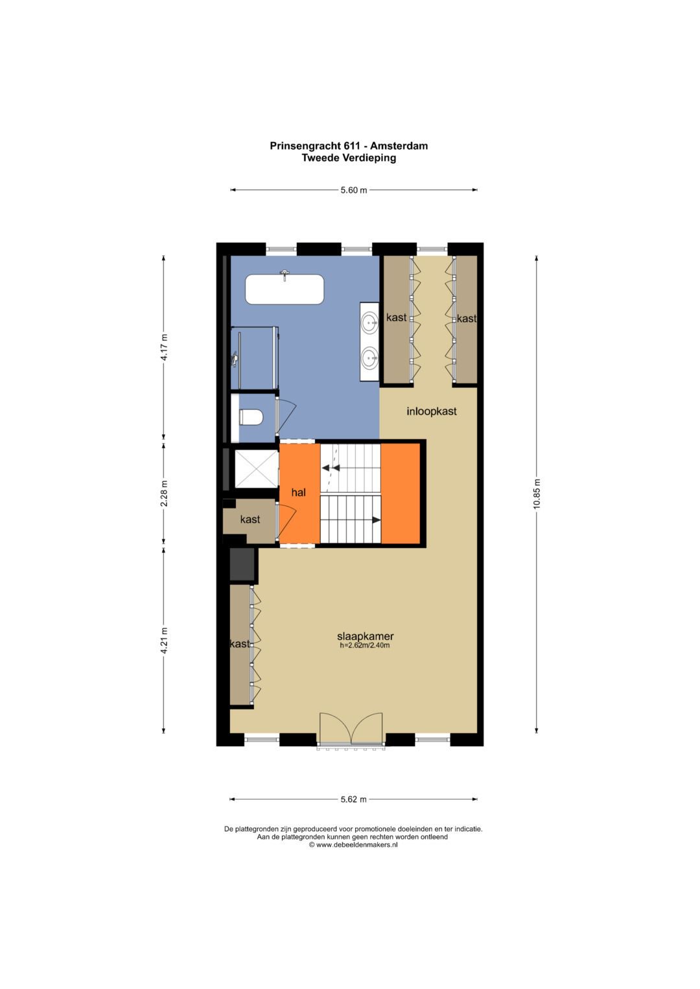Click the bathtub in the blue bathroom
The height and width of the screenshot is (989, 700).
(284, 290)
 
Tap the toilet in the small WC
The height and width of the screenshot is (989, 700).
(251, 417)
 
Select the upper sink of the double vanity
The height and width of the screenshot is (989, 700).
(369, 323)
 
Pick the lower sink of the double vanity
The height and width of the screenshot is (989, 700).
(369, 358)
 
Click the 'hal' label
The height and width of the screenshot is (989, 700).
(299, 492)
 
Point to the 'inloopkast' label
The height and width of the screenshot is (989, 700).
(431, 411)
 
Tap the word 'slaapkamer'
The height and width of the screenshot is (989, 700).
(365, 636)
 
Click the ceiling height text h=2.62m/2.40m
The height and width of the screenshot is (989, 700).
(364, 645)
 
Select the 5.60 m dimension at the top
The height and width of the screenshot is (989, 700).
(353, 190)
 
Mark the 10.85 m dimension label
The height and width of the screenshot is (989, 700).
(537, 494)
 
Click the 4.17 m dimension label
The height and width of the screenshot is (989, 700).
(164, 348)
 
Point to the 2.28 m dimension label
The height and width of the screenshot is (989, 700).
(164, 493)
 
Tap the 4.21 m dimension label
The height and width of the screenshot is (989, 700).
(164, 641)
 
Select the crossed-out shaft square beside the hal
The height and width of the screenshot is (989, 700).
(256, 468)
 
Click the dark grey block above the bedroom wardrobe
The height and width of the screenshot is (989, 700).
(242, 564)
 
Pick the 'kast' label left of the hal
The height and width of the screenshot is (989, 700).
(250, 519)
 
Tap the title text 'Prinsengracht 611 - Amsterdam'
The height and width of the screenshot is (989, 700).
(349, 146)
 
